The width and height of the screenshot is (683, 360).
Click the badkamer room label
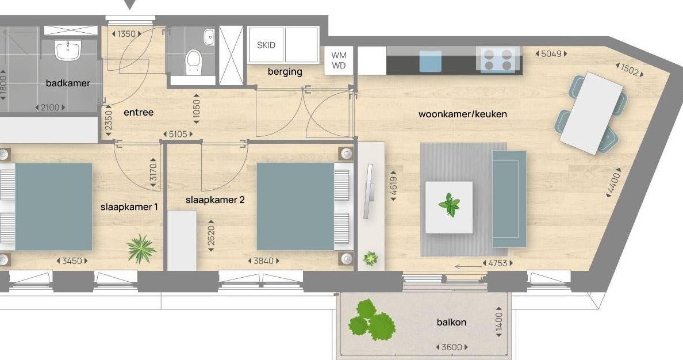coord(68,83)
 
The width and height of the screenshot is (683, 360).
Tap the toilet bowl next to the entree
coord(193,62)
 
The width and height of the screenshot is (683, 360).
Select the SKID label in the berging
coord(266,45)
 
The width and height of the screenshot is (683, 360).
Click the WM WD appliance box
coord(339,60)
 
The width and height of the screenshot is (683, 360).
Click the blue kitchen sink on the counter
coord(431,60)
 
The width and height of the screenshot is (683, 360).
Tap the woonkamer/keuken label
coord(463,114)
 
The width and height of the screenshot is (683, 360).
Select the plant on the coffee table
coord(450,205)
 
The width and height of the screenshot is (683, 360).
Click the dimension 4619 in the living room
coord(393,186)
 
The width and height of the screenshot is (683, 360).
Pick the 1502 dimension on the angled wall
coord(630,70)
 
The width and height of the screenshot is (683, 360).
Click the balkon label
coord(451,322)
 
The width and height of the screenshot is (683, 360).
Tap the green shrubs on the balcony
coord(371,320)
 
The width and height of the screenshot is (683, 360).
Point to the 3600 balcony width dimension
coord(452,347)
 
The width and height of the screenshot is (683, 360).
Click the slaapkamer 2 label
coord(215,200)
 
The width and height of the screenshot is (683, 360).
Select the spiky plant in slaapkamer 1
coord(141,249)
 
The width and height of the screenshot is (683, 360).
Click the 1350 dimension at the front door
coord(126,34)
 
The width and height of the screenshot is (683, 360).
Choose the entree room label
coord(139,113)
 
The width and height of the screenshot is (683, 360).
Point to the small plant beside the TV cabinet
coord(370,259)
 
